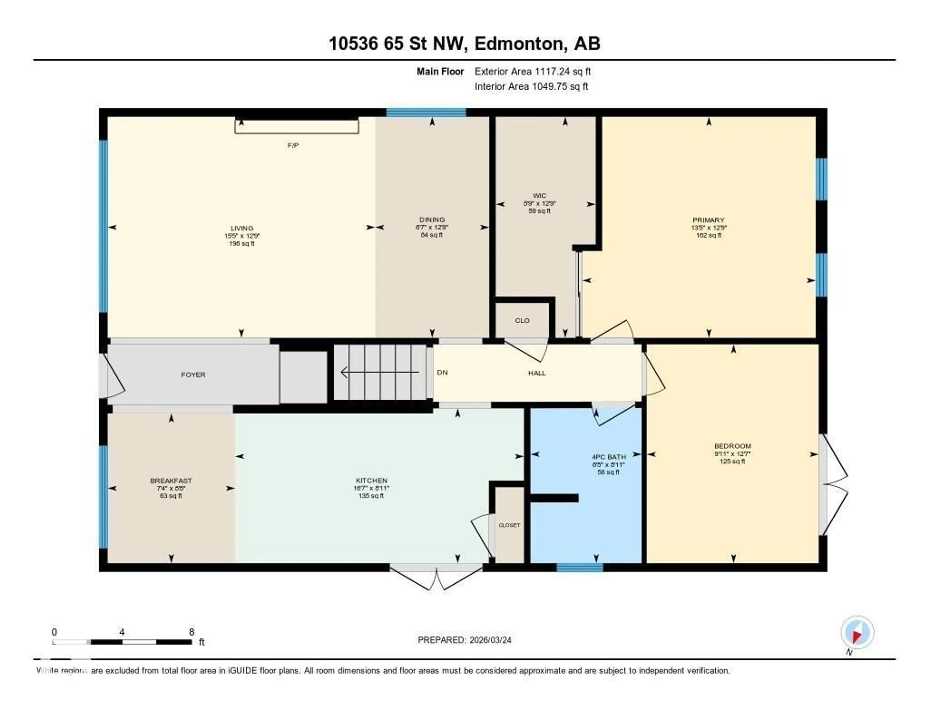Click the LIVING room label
click(x=242, y=228)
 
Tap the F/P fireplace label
click(x=293, y=145)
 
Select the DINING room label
click(x=432, y=220)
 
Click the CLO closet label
click(x=522, y=321)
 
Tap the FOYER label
click(x=193, y=374)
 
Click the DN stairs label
click(x=442, y=372)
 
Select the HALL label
click(x=537, y=373)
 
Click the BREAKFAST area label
click(x=171, y=481)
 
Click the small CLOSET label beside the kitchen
click(x=509, y=525)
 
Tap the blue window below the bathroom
click(x=580, y=567)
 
